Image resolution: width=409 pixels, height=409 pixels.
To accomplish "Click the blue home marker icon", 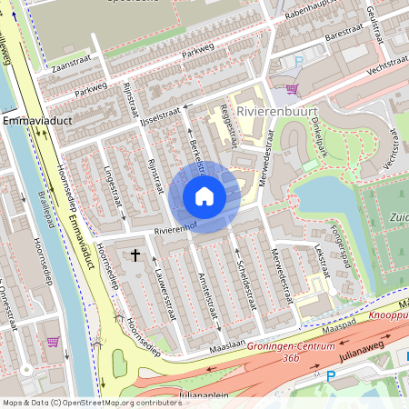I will pyautogui.click(x=204, y=196).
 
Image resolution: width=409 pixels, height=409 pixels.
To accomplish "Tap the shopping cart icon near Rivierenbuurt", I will pyautogui.click(x=292, y=89).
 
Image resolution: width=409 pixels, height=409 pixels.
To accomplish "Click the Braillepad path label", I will pyautogui.click(x=39, y=211).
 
